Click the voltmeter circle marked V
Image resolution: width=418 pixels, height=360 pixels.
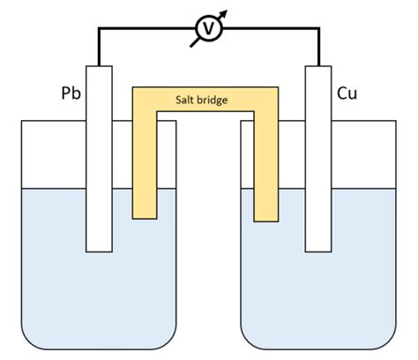209,28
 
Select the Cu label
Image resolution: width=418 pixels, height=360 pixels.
347,93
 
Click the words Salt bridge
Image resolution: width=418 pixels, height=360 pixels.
204,101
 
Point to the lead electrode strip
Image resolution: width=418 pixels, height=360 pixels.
98,159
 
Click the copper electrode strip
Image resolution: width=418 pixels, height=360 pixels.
317,159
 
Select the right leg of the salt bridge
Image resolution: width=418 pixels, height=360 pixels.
265,168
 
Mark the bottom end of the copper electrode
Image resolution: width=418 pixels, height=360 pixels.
317,248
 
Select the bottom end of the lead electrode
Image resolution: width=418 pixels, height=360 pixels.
98,248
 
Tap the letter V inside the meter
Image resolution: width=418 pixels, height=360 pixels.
209,29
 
